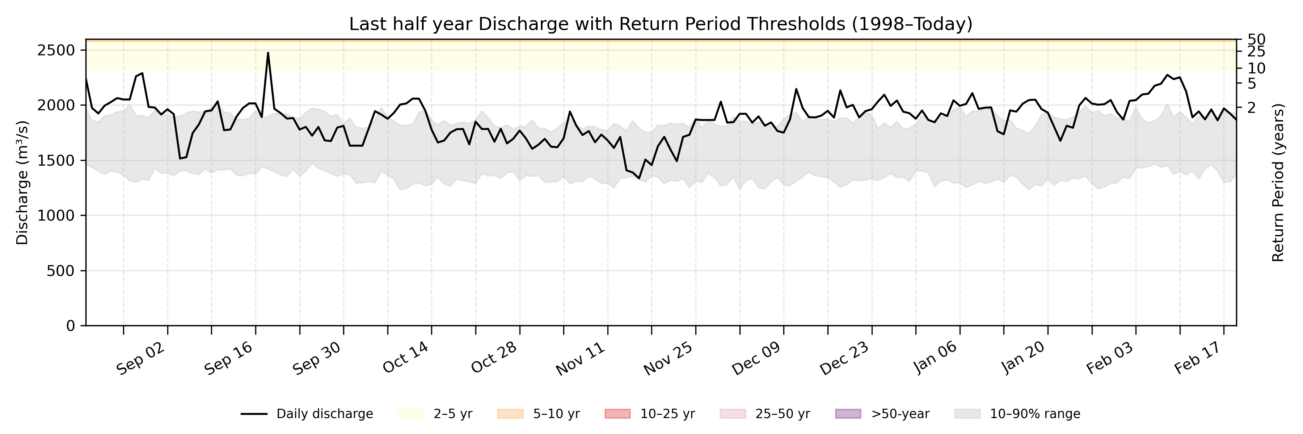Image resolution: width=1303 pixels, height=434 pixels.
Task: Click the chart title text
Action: (661, 24)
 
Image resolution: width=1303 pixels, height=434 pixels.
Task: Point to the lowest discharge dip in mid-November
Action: (639, 178)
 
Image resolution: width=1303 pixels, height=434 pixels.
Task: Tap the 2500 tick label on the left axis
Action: (56, 51)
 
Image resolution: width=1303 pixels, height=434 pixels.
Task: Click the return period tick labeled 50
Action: (1256, 39)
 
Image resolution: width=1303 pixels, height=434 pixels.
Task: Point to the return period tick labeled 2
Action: (1251, 107)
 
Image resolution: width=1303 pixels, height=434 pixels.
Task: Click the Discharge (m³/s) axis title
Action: (22, 182)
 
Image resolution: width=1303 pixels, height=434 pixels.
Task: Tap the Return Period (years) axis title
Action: (1278, 182)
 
